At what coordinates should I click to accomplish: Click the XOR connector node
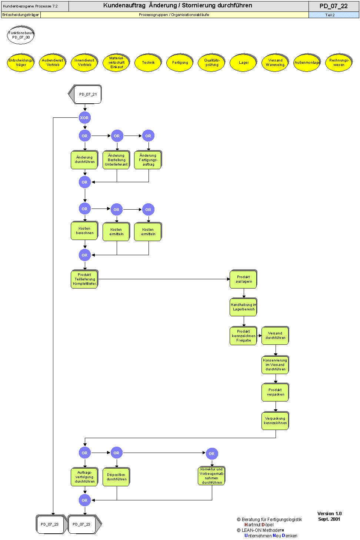pos(84,118)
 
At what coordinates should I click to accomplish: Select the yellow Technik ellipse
pos(148,63)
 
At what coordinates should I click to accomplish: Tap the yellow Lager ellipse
pos(243,63)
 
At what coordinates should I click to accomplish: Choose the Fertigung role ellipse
pos(180,63)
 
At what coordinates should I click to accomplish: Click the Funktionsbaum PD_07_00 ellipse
pos(21,35)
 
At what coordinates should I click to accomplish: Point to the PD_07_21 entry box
pos(87,94)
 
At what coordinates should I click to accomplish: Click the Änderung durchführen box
pos(84,160)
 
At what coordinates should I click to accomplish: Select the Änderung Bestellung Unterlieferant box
pos(116,160)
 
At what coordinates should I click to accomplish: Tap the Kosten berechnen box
pos(84,231)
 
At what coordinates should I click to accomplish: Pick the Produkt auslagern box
pos(243,279)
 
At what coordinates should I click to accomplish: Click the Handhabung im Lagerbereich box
pos(243,307)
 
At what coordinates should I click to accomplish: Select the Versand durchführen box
pos(275,336)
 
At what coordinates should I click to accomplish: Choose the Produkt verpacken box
pos(275,392)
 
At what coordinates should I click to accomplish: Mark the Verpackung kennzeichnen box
pos(275,421)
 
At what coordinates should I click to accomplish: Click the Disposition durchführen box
pos(116,477)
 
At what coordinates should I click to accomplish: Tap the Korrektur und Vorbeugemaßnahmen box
pos(212,476)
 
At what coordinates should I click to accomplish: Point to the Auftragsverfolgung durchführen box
pos(84,477)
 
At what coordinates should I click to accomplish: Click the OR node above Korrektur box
pos(211,454)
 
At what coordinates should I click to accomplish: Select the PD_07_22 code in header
pos(333,6)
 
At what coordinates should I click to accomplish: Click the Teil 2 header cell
pos(330,15)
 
